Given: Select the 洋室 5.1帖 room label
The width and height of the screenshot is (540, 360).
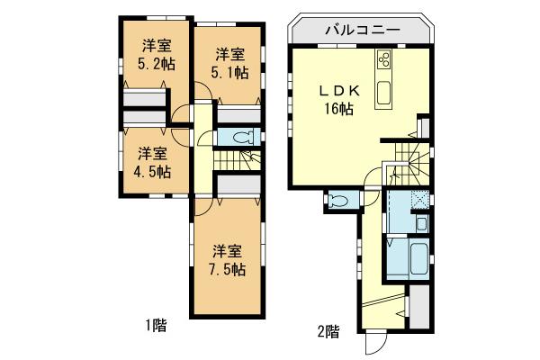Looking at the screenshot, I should (x=230, y=62).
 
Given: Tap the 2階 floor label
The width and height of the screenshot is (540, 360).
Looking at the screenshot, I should (x=328, y=330).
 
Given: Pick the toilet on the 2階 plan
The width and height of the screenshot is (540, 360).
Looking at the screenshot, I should (x=338, y=200).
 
